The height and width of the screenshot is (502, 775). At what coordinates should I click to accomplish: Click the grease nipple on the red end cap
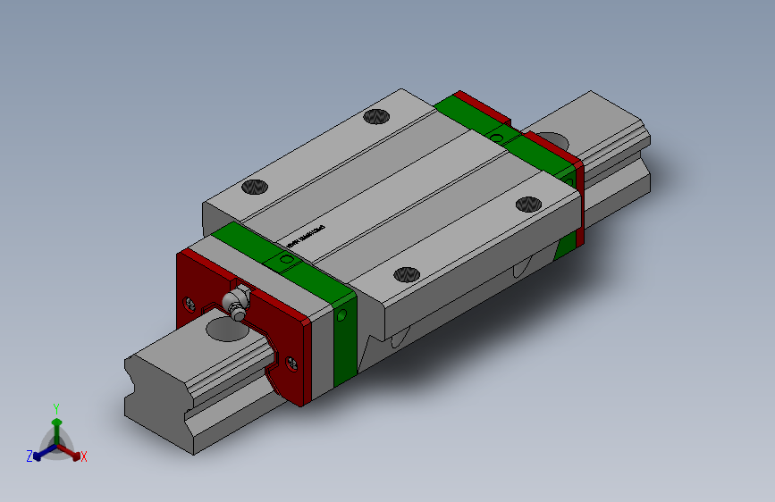pos(237,301)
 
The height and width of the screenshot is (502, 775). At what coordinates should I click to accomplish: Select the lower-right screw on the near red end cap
pos(296,361)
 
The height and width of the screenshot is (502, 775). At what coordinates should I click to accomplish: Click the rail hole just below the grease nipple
pos(227,330)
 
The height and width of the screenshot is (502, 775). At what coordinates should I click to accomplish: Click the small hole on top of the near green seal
pos(286,259)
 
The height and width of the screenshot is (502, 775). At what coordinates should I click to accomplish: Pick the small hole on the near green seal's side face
pos(343,314)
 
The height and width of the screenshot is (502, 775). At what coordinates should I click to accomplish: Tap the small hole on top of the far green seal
pos(498,136)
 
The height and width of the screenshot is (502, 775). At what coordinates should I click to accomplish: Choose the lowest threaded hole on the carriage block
pos(408,274)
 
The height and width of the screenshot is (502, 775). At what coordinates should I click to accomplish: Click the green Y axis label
pos(55,406)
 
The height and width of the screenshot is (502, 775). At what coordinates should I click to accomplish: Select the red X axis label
pos(84,457)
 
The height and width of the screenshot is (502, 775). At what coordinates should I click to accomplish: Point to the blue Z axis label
pos(29,456)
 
